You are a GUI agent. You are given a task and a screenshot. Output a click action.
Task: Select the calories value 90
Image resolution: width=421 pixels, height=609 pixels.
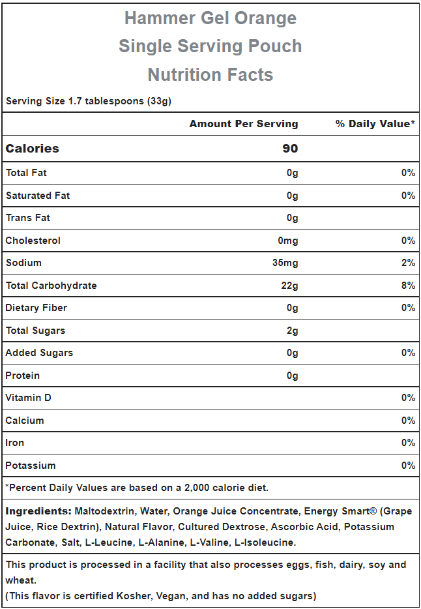(290, 149)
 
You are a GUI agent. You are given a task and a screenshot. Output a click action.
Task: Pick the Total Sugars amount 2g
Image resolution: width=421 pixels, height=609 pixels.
(292, 331)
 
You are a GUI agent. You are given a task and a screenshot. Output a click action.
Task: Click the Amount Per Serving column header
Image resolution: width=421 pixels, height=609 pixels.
(244, 124)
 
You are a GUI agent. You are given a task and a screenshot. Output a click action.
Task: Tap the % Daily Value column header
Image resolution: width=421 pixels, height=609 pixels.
(375, 124)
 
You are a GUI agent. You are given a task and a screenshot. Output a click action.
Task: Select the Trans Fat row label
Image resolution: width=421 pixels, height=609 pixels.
(28, 218)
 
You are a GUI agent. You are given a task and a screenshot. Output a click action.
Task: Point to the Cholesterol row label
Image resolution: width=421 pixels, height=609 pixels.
(33, 241)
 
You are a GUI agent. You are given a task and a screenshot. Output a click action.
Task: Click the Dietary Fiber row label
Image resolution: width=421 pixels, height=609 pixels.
(36, 308)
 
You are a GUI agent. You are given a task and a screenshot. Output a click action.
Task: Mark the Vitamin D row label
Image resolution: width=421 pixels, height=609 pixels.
(28, 398)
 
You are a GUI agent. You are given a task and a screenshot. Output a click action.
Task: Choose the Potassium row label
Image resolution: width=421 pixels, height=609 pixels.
(31, 466)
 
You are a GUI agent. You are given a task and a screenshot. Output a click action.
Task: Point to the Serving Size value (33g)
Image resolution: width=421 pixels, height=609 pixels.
(160, 101)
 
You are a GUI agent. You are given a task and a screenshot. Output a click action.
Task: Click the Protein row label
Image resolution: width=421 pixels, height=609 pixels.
(23, 376)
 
